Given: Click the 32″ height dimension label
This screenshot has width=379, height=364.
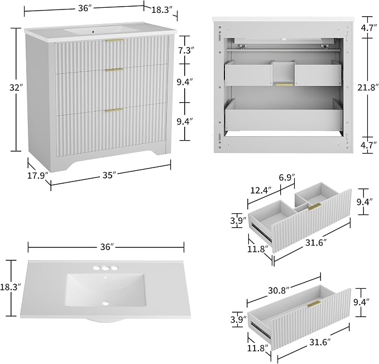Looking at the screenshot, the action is point(16,88).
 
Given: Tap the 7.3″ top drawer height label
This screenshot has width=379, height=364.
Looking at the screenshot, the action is point(186,50).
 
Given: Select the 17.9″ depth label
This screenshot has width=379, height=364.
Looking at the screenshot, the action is point(38,175).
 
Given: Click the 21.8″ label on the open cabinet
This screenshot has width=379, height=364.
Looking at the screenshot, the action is point(368,87).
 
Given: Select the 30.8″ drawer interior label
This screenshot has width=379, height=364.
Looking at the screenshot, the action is point(279,290).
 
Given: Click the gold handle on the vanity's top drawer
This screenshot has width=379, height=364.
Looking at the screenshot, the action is point(116,40).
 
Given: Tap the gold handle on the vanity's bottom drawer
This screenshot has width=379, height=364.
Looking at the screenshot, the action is point(114,110).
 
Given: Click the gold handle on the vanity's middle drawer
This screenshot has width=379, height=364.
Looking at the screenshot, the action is point(115,70).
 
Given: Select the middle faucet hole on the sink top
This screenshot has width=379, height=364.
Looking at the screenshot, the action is point(105,268).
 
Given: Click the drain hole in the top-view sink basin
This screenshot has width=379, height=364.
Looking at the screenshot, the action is point(105,303).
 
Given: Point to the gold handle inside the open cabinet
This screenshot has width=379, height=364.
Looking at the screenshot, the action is point(285,85).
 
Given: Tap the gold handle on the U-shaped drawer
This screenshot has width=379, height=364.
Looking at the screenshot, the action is point(315,207).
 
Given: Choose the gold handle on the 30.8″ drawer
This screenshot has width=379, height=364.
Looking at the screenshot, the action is point(314,304).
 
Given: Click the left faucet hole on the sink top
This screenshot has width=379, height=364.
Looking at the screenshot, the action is point(97,268).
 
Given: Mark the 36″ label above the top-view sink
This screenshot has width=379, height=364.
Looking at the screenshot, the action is point(107,247).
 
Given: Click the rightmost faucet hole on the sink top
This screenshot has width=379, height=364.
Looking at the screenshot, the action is point(114,268).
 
